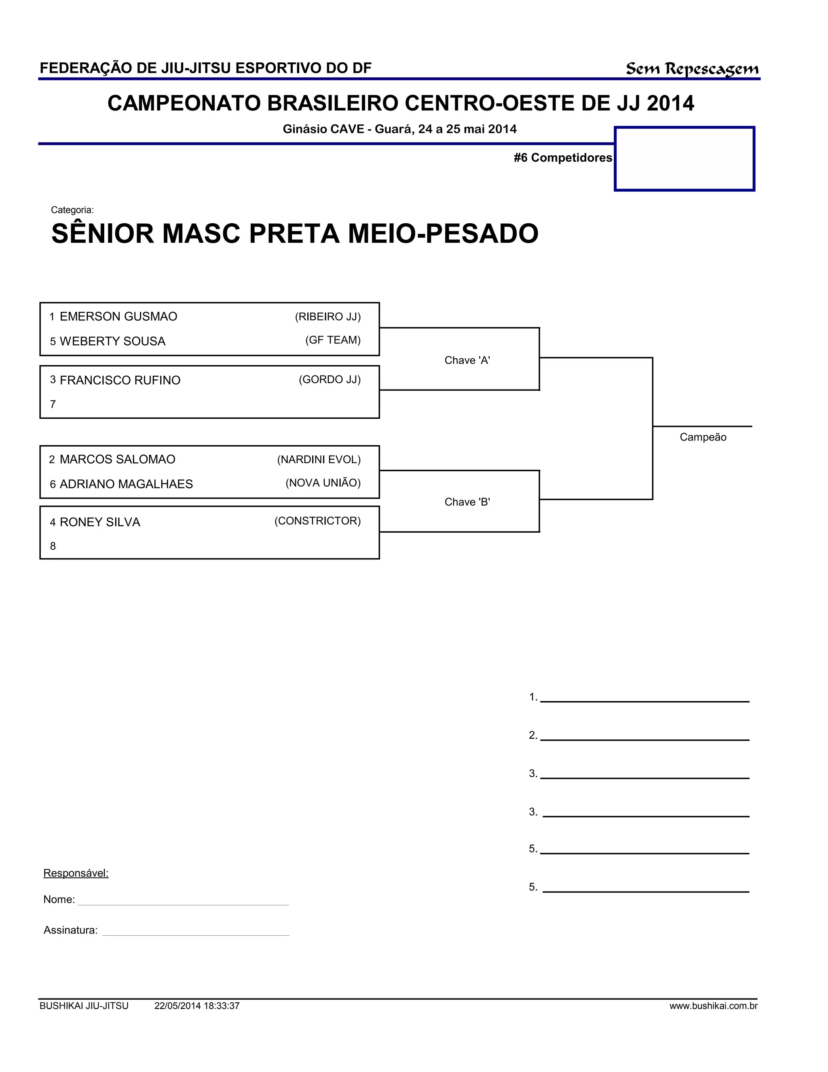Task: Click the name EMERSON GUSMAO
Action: [x=118, y=317]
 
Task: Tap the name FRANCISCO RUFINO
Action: [x=120, y=380]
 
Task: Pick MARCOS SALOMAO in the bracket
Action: [x=117, y=460]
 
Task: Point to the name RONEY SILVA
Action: [x=99, y=522]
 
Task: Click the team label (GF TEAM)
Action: [x=333, y=340]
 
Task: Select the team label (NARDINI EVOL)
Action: [x=319, y=460]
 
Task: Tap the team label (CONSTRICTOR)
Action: [x=317, y=521]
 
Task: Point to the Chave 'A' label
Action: [x=467, y=360]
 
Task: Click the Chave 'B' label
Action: [x=467, y=502]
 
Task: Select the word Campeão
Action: [x=702, y=437]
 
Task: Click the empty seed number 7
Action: [x=53, y=405]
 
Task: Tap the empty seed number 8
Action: [x=53, y=546]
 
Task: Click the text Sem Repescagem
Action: [x=692, y=69]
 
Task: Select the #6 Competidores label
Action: [x=563, y=157]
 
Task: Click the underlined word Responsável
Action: [x=76, y=873]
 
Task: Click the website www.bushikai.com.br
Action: [x=713, y=1006]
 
